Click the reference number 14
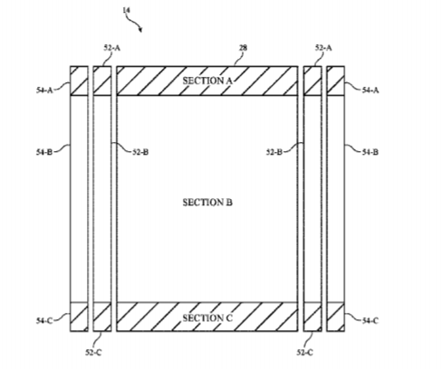pyautogui.click(x=127, y=10)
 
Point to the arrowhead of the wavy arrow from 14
pyautogui.click(x=140, y=30)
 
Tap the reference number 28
pyautogui.click(x=243, y=48)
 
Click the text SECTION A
pyautogui.click(x=207, y=80)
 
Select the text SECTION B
pyautogui.click(x=207, y=203)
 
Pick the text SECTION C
pyautogui.click(x=207, y=318)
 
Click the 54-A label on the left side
pyautogui.click(x=44, y=90)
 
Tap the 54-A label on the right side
pyautogui.click(x=370, y=90)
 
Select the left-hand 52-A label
pyautogui.click(x=112, y=48)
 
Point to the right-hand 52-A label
pyautogui.click(x=323, y=48)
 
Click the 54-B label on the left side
pyautogui.click(x=44, y=152)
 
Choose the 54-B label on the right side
pyautogui.click(x=370, y=152)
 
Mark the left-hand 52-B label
pyautogui.click(x=140, y=152)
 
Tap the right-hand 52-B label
pyautogui.click(x=274, y=152)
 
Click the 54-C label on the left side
pyautogui.click(x=44, y=320)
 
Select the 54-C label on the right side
pyautogui.click(x=370, y=320)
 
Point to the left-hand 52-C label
pyautogui.click(x=93, y=353)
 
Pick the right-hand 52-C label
pyautogui.click(x=305, y=353)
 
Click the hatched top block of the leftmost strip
pyautogui.click(x=79, y=80)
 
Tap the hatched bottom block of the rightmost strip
pyautogui.click(x=336, y=317)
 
